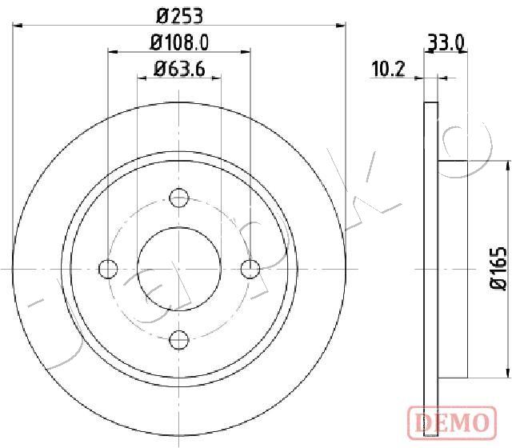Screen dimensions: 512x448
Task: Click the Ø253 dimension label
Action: click(179, 16)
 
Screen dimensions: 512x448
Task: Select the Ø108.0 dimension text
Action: click(179, 42)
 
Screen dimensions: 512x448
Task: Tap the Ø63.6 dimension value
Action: click(179, 69)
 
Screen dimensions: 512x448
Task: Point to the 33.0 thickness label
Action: click(446, 43)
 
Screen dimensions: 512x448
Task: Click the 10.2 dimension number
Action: click(388, 69)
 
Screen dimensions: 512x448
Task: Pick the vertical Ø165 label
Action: click(498, 269)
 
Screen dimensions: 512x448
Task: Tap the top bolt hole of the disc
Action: click(179, 198)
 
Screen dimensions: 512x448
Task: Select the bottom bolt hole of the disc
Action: click(179, 339)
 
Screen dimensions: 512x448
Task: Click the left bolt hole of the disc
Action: click(108, 269)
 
